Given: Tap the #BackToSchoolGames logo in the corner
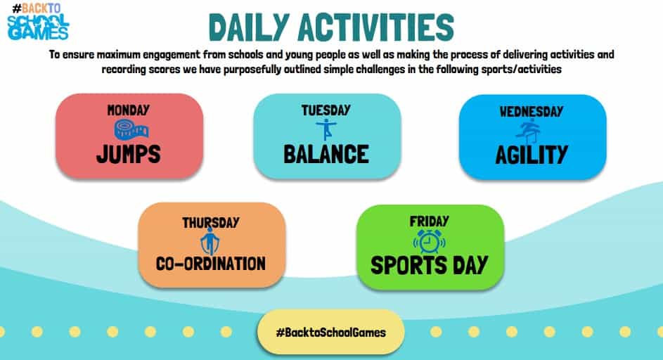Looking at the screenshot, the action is [38, 22].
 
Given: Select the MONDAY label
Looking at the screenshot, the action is [129, 110].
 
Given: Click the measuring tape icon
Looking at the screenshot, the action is [131, 129].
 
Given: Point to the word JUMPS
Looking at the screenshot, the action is [129, 154].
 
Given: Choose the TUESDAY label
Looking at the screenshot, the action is [326, 110].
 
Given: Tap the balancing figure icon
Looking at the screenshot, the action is [326, 129].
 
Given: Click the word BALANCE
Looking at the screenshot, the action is [326, 155].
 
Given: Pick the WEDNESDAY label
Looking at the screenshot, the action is [532, 112].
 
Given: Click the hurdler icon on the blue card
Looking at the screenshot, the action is [529, 130].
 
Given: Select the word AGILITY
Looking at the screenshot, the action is [532, 155].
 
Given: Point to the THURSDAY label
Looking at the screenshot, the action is [211, 222].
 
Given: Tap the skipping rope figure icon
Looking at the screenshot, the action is [210, 241].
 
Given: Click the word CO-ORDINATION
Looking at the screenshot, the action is [211, 264].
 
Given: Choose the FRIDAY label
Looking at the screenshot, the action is [429, 221].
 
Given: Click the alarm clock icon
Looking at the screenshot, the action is [429, 242].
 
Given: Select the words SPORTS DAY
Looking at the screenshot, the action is [429, 265].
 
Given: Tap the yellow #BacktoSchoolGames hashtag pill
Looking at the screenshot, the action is [330, 332].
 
